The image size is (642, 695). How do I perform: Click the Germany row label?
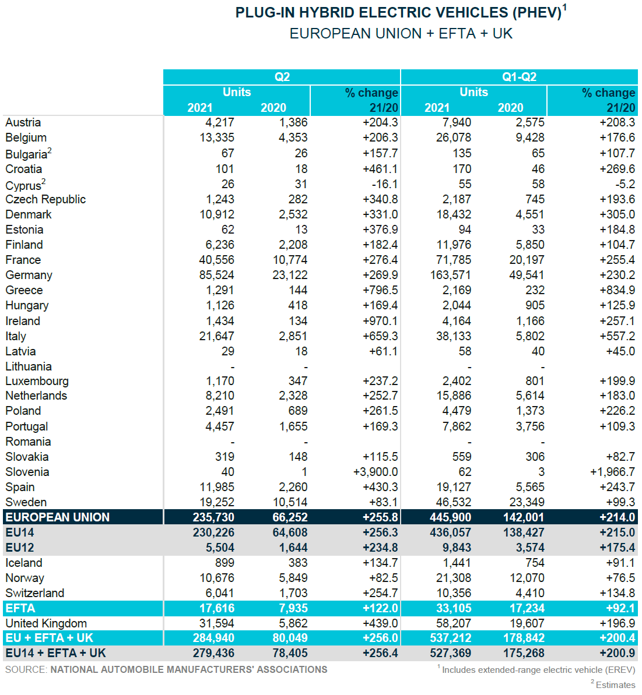tap(29, 275)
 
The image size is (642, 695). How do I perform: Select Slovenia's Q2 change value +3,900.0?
tap(376, 472)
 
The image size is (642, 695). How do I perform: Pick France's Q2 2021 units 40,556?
tap(216, 260)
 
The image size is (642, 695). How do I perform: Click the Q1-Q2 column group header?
tap(519, 77)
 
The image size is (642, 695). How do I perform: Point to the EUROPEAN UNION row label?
tap(57, 517)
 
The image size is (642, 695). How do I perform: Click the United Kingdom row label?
tap(46, 623)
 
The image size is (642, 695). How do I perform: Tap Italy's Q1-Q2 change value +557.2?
tap(617, 336)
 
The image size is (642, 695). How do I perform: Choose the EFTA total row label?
tap(20, 608)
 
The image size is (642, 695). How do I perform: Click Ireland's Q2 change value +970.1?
tap(380, 321)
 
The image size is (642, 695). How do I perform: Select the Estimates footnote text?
tap(615, 685)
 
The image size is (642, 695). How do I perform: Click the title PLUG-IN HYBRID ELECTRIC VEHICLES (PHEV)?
tap(398, 13)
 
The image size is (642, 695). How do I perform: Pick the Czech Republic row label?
tap(45, 199)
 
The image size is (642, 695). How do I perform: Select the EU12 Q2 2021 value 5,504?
tap(220, 548)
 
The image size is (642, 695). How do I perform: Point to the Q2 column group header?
tap(282, 77)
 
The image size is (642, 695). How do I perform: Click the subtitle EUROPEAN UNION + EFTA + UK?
tap(401, 34)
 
